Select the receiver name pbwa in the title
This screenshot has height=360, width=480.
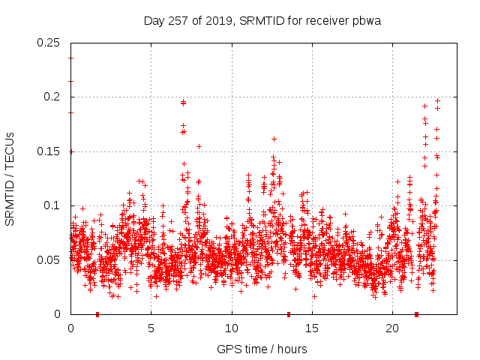click(367, 21)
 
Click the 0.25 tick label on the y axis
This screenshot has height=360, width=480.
click(49, 43)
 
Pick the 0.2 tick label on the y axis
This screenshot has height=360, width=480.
click(53, 97)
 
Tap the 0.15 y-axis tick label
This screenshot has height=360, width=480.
click(49, 151)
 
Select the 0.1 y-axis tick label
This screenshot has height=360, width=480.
click(53, 205)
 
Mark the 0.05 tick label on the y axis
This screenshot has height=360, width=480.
click(49, 260)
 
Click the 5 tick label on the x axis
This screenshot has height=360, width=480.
click(151, 328)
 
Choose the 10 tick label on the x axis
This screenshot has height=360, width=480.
click(231, 328)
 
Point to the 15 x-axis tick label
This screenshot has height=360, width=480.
click(311, 328)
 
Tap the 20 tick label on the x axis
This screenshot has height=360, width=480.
click(392, 328)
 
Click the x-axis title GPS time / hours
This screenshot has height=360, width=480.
click(262, 349)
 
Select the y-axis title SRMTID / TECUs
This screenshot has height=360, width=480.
click(10, 178)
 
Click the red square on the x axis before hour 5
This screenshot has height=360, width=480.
click(97, 314)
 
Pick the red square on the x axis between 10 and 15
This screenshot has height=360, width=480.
click(289, 314)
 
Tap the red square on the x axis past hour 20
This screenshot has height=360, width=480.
click(416, 314)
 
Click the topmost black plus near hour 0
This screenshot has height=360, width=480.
click(70, 58)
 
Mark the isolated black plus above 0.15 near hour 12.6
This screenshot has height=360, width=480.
click(274, 139)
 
